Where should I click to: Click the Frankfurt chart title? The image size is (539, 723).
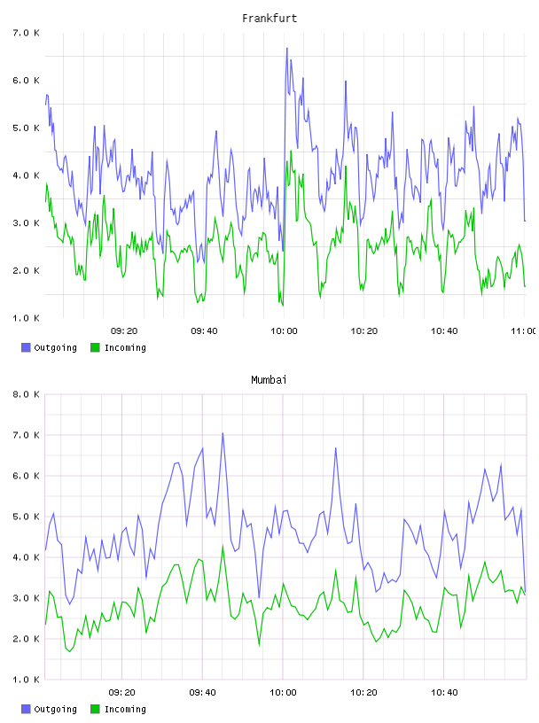(269, 18)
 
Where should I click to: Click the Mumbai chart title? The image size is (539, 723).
(269, 379)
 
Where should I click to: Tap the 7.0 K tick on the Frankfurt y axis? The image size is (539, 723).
(26, 33)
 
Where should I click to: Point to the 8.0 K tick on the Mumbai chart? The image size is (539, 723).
(26, 394)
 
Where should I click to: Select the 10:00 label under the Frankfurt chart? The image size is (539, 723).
(284, 330)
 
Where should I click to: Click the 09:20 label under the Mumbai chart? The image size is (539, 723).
(122, 692)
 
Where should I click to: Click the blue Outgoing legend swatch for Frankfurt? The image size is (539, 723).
(26, 347)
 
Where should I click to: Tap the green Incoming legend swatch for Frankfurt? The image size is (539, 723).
(95, 347)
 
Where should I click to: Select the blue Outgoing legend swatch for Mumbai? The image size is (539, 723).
(26, 709)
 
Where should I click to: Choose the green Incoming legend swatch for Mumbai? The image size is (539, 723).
(95, 709)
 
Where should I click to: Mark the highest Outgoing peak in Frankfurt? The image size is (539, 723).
(286, 48)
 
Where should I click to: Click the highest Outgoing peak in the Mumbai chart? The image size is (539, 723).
(223, 433)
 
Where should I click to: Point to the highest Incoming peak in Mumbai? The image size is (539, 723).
(223, 546)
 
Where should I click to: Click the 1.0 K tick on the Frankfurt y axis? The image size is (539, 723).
(26, 318)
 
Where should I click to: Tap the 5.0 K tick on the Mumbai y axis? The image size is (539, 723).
(26, 517)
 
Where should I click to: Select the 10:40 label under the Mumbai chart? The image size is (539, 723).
(444, 692)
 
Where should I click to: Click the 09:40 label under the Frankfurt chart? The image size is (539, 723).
(204, 330)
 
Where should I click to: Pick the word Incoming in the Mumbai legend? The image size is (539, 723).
(125, 709)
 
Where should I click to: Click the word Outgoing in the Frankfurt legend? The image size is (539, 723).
(55, 347)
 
